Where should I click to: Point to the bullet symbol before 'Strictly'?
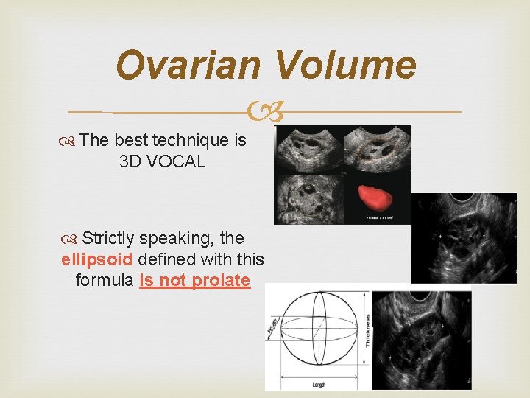[x=71, y=239]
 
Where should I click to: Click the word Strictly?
[x=107, y=238]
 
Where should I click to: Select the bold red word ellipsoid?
[x=97, y=259]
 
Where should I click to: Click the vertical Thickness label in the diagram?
[x=366, y=329]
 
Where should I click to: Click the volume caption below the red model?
[x=384, y=217]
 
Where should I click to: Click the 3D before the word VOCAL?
[x=131, y=161]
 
